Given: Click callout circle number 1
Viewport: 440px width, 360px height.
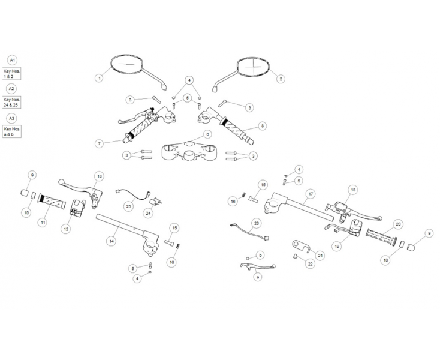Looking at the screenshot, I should (99, 78).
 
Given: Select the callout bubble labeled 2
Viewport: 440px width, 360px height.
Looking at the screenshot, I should (281, 79).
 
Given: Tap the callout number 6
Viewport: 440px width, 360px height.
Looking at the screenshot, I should (207, 134).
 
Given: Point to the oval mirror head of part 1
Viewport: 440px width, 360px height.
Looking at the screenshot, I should (128, 65).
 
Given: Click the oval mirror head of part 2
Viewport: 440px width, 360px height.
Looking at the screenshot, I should (254, 67).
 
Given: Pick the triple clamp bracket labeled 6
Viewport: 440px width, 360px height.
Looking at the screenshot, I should (190, 150).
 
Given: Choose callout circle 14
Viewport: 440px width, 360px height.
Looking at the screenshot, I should (111, 241).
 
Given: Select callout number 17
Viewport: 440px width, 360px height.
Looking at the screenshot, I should (311, 194).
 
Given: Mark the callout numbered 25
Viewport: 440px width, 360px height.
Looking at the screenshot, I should (128, 206).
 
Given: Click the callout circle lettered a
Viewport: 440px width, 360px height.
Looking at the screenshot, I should (258, 277).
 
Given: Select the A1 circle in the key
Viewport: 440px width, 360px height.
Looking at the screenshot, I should (11, 60).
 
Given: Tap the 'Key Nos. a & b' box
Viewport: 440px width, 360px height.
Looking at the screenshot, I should (11, 131).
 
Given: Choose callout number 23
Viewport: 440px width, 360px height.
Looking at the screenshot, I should (257, 223).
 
